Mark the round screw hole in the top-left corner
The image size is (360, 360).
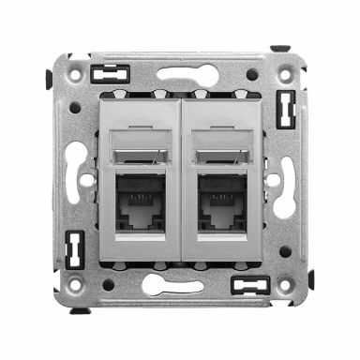(x=76, y=107)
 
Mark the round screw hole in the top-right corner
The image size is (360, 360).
(x=252, y=74)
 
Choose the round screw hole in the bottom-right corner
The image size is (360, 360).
(x=285, y=251)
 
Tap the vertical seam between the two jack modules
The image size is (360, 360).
(x=180, y=178)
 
